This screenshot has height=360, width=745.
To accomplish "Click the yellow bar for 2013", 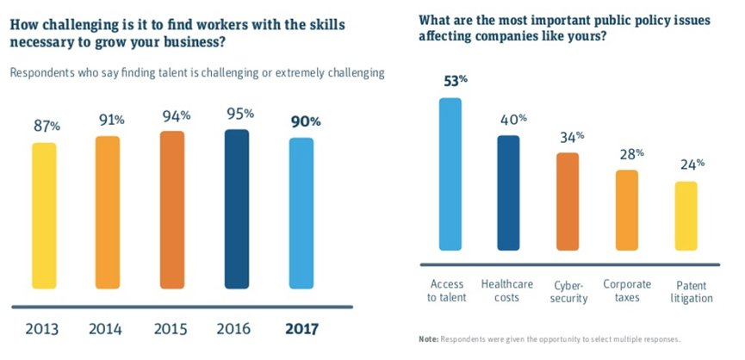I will point(44,215).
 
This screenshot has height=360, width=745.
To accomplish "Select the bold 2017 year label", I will point(301,329).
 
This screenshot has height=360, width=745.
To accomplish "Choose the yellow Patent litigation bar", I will point(686,221).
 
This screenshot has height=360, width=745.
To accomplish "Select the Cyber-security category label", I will point(569,291).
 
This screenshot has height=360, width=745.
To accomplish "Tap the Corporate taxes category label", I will point(628,290).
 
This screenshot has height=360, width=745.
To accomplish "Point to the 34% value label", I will point(571,138).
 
